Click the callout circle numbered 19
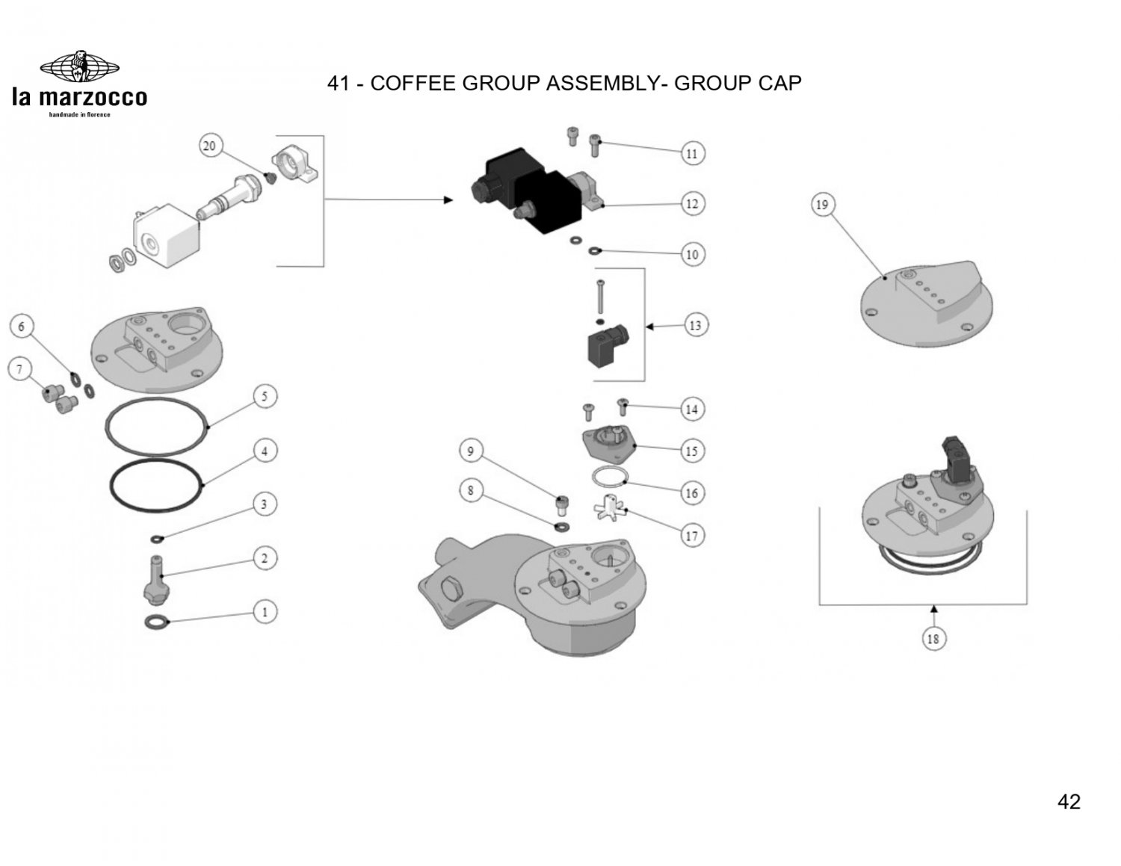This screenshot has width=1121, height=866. [822, 205]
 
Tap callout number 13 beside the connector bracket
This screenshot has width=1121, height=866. [696, 326]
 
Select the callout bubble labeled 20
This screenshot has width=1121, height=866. [210, 146]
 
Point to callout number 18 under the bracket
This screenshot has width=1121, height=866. [933, 639]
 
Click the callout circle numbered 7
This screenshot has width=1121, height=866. [20, 369]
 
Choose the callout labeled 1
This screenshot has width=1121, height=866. [265, 612]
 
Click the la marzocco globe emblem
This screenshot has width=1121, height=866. [79, 67]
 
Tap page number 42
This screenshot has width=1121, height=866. [1069, 801]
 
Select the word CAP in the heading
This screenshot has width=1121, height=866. [779, 83]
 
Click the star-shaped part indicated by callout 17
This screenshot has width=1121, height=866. [609, 508]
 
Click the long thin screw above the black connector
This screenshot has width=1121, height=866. [600, 297]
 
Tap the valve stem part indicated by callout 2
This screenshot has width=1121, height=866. [155, 579]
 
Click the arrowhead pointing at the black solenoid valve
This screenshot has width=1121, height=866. [448, 200]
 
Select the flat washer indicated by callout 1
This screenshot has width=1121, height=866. [158, 622]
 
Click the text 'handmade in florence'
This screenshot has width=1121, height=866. [79, 114]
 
